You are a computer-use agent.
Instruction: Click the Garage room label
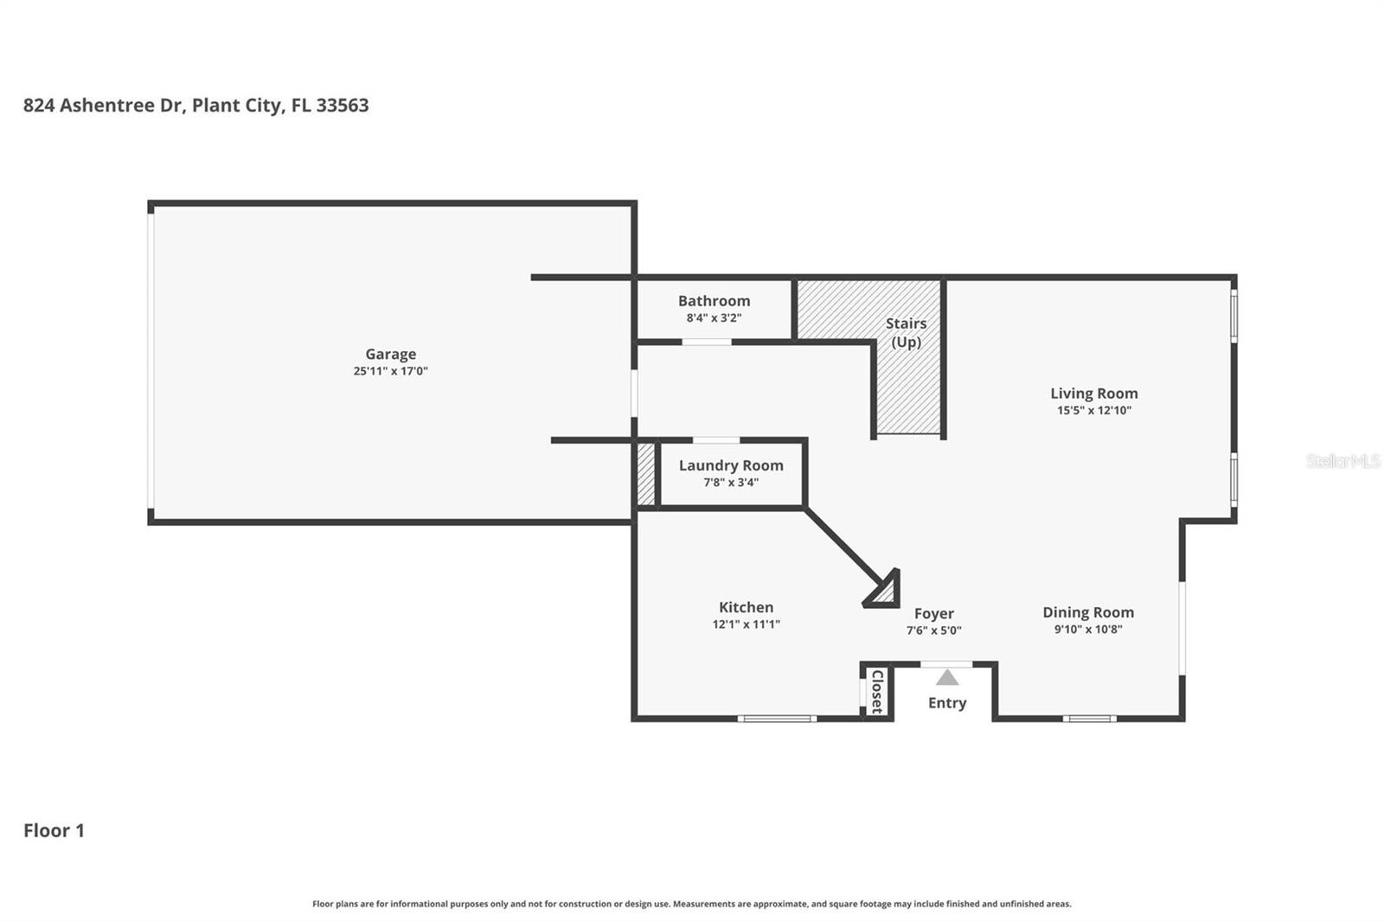tap(390, 354)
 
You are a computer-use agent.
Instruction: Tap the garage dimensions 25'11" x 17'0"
tap(390, 371)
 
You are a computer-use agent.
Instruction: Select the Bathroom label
tap(714, 301)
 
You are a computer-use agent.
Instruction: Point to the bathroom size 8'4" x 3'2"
tap(714, 317)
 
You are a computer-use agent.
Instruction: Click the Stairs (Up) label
tap(906, 332)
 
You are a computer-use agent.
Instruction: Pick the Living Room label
tap(1093, 394)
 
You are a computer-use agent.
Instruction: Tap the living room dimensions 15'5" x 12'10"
tap(1093, 410)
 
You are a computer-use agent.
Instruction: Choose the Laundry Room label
tap(731, 465)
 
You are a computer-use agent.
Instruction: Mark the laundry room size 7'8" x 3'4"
tap(731, 482)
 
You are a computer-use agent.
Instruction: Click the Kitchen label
tap(746, 607)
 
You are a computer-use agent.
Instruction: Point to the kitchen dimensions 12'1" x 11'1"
tap(746, 624)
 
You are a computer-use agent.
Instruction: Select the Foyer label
tap(933, 613)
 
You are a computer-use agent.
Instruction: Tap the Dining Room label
tap(1087, 612)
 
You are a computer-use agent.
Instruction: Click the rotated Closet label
tap(876, 691)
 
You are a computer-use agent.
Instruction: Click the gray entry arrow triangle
tap(947, 678)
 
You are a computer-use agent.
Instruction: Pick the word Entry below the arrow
tap(947, 702)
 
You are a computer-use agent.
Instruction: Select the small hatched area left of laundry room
tap(645, 473)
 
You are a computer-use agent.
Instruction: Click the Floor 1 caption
tap(54, 830)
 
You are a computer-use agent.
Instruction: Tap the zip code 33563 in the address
tap(343, 106)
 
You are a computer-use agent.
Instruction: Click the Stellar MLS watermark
tap(1342, 461)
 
